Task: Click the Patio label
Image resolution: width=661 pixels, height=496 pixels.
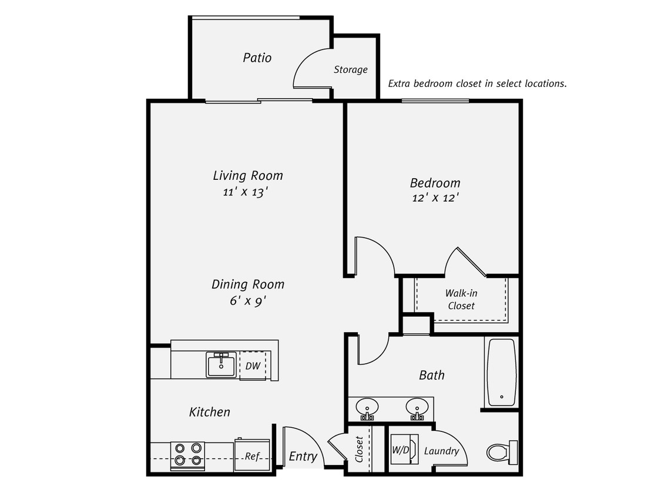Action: tap(257, 58)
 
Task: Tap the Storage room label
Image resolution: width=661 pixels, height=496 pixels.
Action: tap(351, 69)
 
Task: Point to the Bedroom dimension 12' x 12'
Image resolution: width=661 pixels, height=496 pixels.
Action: tap(435, 198)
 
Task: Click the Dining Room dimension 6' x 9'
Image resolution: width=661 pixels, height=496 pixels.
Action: tap(247, 300)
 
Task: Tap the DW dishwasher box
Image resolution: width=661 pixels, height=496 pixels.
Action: tap(253, 366)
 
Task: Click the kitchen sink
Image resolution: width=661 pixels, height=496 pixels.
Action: tap(221, 364)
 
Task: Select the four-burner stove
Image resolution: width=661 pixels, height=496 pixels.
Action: tap(188, 455)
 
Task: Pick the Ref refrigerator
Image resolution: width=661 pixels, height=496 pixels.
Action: tap(252, 455)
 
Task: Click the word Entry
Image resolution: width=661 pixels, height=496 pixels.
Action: tap(303, 456)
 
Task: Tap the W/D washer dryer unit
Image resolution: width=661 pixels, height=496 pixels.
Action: tap(402, 451)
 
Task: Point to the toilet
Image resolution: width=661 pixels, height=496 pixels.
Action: tap(499, 452)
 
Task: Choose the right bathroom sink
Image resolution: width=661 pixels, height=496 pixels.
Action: tap(417, 407)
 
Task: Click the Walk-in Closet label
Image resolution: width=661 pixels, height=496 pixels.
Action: tap(461, 299)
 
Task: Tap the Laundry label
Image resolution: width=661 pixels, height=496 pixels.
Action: tap(441, 451)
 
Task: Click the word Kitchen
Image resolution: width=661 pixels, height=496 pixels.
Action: tap(209, 412)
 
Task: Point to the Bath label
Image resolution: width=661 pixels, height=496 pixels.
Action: tap(432, 375)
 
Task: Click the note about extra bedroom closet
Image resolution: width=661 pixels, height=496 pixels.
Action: tap(477, 83)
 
